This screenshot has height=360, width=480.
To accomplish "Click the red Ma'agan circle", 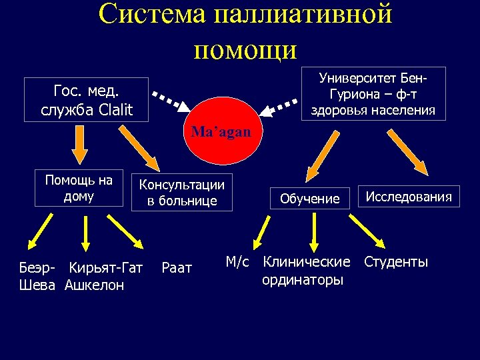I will click(x=221, y=131).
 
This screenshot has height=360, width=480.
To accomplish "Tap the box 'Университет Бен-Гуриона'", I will click(x=373, y=94).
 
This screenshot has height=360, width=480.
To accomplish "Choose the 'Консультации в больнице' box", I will click(x=181, y=193).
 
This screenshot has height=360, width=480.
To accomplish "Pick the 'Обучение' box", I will click(x=309, y=199).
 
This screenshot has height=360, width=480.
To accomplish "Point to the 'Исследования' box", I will click(x=409, y=197).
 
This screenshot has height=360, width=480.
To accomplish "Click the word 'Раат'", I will click(x=177, y=268).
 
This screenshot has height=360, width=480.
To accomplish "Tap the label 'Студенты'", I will click(x=396, y=262).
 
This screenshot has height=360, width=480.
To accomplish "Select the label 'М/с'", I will click(x=237, y=262).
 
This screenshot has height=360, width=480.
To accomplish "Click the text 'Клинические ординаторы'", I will click(x=306, y=271).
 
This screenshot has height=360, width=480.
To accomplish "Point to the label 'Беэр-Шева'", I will click(x=39, y=276).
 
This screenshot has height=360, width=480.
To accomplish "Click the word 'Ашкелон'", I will click(x=95, y=285).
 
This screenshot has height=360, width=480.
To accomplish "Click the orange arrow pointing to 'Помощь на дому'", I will click(x=79, y=144).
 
